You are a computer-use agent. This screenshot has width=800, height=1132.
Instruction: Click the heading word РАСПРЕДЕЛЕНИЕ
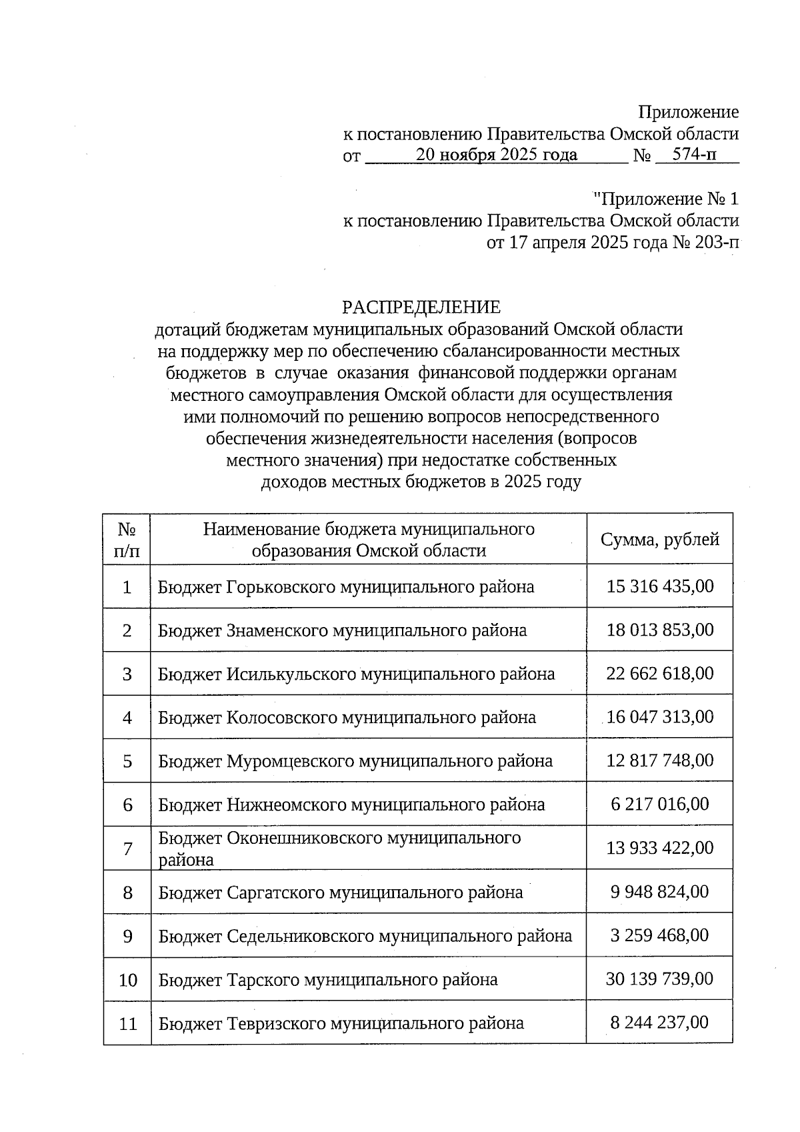click(421, 308)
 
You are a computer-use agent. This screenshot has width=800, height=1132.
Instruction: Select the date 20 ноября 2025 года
click(496, 155)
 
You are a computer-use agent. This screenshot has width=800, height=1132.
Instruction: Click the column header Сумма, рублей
click(659, 540)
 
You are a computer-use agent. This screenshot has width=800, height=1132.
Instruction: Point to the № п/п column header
click(127, 540)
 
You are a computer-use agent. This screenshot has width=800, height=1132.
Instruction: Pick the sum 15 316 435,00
click(659, 586)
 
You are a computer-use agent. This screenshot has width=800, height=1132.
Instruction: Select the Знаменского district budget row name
click(342, 630)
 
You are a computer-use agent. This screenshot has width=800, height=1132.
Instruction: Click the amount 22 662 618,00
click(659, 674)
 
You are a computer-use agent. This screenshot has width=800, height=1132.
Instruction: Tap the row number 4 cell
click(127, 718)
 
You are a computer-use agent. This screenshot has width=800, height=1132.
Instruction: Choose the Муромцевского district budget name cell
click(355, 761)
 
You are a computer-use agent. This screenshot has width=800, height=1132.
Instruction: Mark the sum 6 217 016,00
click(659, 804)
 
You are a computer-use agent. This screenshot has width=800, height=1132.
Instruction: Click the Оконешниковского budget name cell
click(339, 848)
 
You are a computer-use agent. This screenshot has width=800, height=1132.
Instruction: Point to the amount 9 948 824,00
click(659, 892)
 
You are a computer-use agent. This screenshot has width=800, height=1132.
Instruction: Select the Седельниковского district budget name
click(365, 936)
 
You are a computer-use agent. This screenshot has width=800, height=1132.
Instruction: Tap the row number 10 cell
click(127, 980)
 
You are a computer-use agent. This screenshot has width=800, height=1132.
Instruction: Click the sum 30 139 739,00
click(659, 979)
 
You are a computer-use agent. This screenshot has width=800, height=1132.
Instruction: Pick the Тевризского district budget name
click(341, 1023)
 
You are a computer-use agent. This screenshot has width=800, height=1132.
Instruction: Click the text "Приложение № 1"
click(665, 199)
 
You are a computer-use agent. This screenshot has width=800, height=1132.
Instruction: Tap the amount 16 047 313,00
click(659, 717)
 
